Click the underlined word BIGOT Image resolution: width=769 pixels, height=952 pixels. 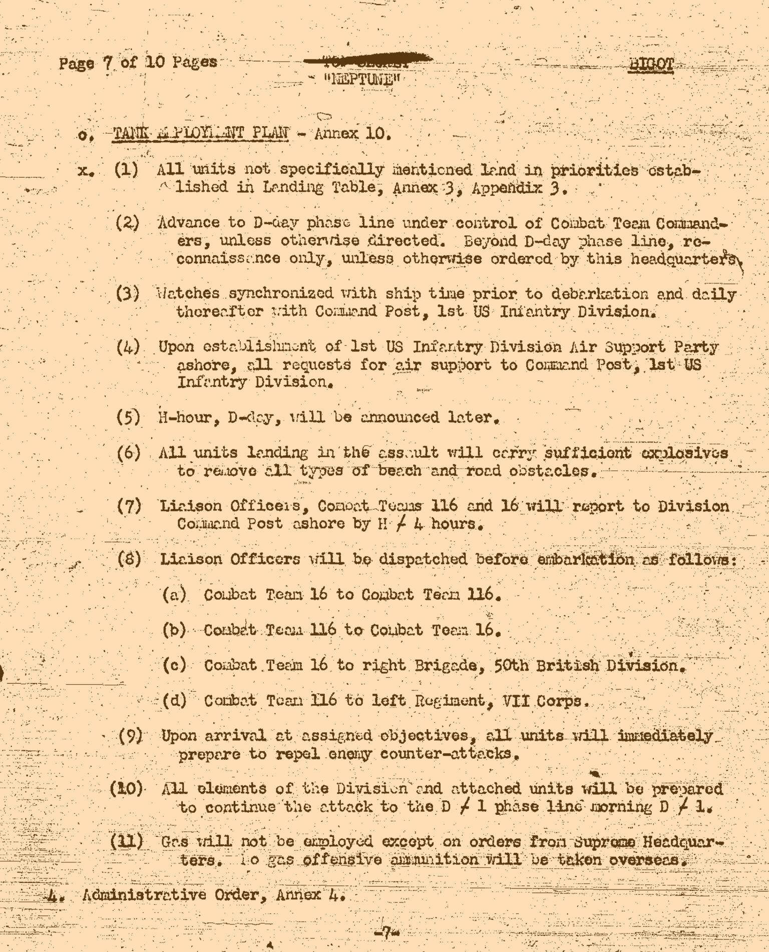[x=651, y=65]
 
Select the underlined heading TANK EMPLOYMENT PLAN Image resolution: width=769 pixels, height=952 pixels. [x=201, y=134]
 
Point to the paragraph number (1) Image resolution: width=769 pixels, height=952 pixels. [x=126, y=170]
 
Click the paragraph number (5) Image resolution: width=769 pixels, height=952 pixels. [x=128, y=417]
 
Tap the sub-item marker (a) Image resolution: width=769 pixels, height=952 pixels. [x=174, y=595]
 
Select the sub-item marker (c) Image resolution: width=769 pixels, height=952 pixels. [x=174, y=665]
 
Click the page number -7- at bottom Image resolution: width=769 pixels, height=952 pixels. [x=384, y=932]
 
